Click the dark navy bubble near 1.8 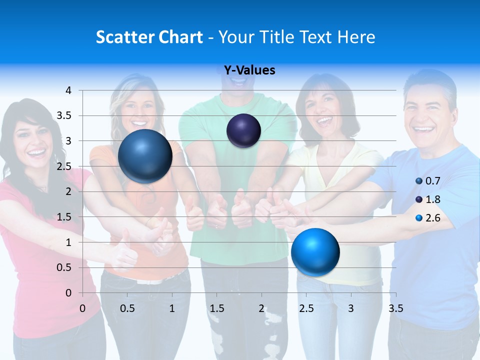[x=243, y=131]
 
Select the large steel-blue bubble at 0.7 [x=145, y=156]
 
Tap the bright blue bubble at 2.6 [x=315, y=252]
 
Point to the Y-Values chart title [x=249, y=70]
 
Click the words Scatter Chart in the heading [x=149, y=37]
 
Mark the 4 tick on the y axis [x=68, y=90]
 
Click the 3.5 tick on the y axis [x=64, y=115]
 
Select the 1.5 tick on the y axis [x=64, y=217]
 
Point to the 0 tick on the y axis [x=68, y=292]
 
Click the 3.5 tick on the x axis [x=396, y=308]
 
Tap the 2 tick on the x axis [x=261, y=308]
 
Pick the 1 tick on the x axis [x=172, y=308]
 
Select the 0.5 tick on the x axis [x=127, y=308]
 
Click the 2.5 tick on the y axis [x=64, y=166]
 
